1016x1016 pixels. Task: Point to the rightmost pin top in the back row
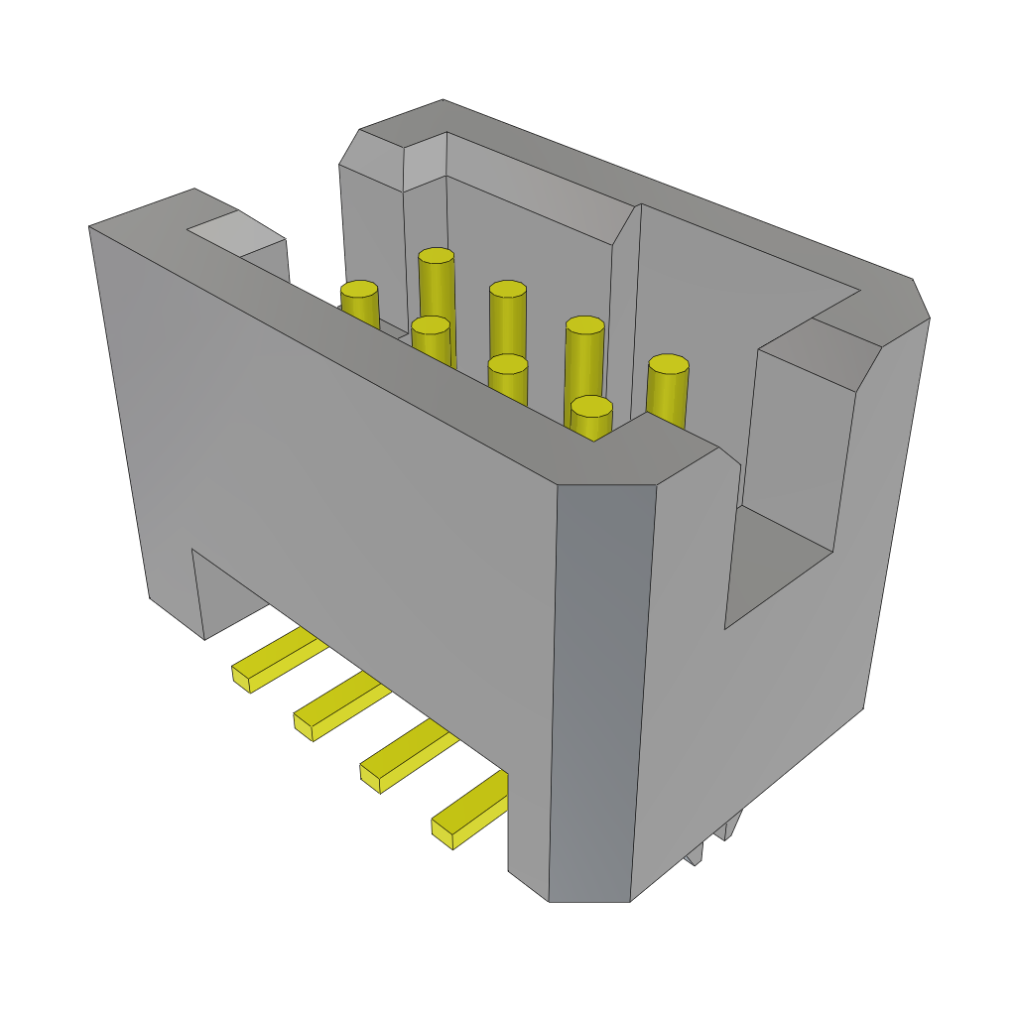[668, 364]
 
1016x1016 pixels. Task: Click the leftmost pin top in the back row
[359, 289]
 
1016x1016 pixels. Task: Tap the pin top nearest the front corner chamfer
[591, 406]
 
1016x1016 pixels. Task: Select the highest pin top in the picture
[436, 256]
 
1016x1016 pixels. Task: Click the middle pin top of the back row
[507, 289]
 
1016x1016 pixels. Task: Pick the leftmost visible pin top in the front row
[430, 324]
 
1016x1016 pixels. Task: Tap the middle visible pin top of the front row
[507, 364]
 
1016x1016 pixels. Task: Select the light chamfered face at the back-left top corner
[424, 161]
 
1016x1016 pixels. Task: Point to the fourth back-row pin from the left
[584, 325]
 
